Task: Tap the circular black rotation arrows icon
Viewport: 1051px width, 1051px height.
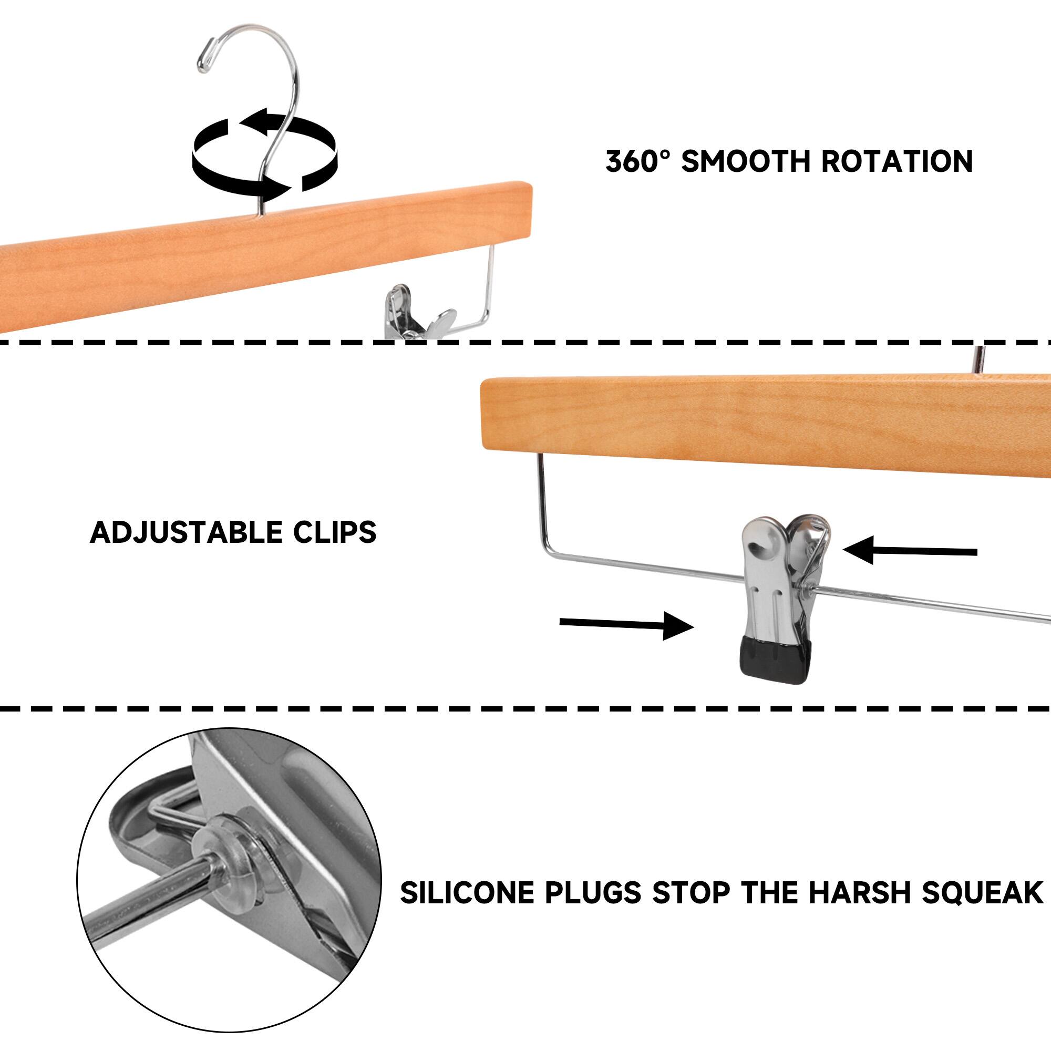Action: click(x=264, y=158)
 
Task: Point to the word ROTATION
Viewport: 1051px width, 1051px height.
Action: click(x=897, y=161)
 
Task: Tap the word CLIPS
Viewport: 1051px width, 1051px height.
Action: click(x=335, y=532)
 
